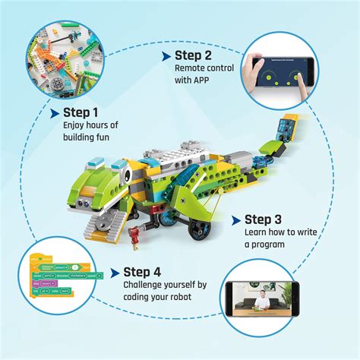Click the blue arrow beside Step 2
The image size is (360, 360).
coord(166,55)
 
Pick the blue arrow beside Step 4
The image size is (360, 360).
coord(115,271)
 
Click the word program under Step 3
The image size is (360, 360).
coord(272,245)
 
